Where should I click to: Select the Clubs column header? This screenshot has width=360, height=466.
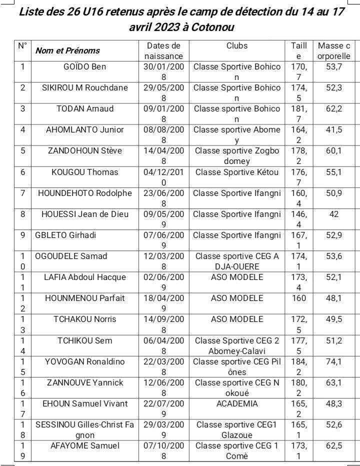coord(236,45)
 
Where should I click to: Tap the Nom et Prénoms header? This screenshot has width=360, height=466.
coord(67,50)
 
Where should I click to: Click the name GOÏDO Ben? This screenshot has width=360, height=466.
coord(84,66)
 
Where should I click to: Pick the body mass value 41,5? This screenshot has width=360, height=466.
coord(334,129)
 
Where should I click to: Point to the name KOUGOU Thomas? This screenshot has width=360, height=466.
coord(84,172)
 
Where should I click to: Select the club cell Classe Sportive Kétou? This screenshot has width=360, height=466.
coord(236,172)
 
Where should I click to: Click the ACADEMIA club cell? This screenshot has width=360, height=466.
coord(237,403)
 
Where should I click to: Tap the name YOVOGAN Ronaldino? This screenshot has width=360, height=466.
coord(84,361)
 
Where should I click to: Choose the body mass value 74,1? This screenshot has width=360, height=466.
coord(334,361)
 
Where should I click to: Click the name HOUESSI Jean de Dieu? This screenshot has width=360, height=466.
coord(84,214)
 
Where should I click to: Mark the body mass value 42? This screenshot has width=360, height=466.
coord(334,214)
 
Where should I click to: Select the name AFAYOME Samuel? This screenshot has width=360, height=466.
coord(84,445)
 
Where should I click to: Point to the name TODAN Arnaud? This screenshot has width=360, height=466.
coord(84,108)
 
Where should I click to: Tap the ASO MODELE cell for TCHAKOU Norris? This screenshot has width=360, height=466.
coord(237,319)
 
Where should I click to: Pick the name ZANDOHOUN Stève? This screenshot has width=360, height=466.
coord(84,150)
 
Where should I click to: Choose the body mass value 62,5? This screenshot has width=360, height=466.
coord(334,445)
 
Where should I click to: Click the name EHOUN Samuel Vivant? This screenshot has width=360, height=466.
coord(84,403)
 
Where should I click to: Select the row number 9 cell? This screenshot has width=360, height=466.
coord(22,235)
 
